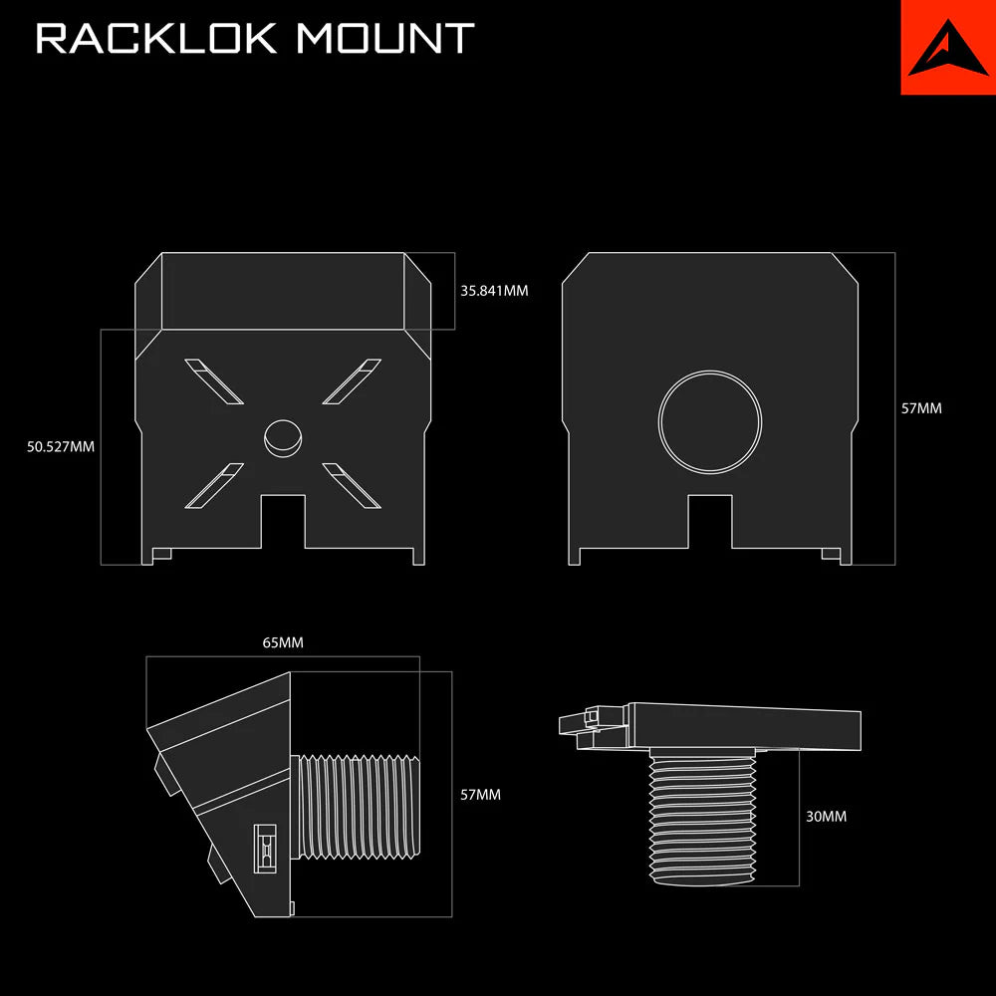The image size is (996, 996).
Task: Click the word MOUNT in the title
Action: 384,39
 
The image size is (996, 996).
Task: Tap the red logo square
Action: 948,47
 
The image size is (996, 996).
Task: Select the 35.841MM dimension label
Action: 494,292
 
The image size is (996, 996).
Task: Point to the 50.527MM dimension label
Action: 61,447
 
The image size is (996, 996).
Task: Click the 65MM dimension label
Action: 283,643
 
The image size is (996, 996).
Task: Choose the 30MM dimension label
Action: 826,817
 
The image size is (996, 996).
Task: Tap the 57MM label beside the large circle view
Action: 921,408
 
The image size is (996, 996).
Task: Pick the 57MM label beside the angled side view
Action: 480,795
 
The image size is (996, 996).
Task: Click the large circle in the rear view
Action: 710,421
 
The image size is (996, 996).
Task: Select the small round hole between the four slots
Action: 283,436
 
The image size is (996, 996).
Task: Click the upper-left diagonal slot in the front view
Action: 213,382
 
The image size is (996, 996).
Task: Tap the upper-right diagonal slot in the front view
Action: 352,382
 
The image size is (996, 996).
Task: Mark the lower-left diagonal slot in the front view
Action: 213,486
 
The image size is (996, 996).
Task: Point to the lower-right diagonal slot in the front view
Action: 352,486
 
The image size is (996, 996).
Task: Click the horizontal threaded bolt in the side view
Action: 361,807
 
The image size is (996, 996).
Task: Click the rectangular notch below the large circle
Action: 710,522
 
